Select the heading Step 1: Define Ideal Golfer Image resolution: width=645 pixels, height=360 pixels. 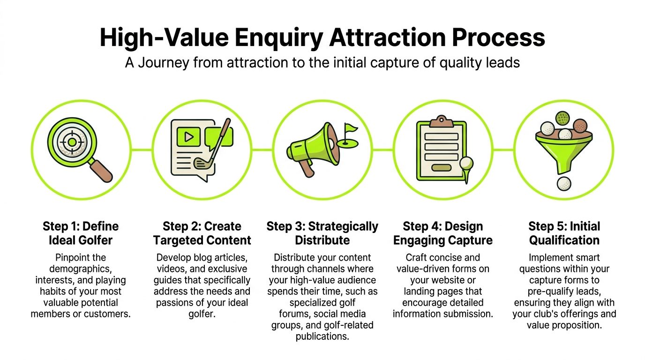[81, 233]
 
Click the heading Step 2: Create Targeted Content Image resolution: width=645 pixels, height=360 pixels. [202, 233]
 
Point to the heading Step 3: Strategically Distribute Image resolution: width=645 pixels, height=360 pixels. [322, 233]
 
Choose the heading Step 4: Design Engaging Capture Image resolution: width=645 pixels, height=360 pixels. [442, 233]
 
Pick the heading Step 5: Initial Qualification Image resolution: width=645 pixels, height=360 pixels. [564, 233]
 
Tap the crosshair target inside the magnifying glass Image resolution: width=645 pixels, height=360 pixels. [71, 142]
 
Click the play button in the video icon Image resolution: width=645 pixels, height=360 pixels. [188, 136]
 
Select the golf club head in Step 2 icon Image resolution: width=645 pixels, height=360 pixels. [202, 163]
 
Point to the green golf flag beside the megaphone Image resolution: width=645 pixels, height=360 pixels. [349, 128]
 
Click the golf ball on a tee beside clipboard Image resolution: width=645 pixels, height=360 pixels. [466, 163]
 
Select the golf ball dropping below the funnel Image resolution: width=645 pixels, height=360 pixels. [564, 183]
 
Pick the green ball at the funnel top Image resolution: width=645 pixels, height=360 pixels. [562, 117]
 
